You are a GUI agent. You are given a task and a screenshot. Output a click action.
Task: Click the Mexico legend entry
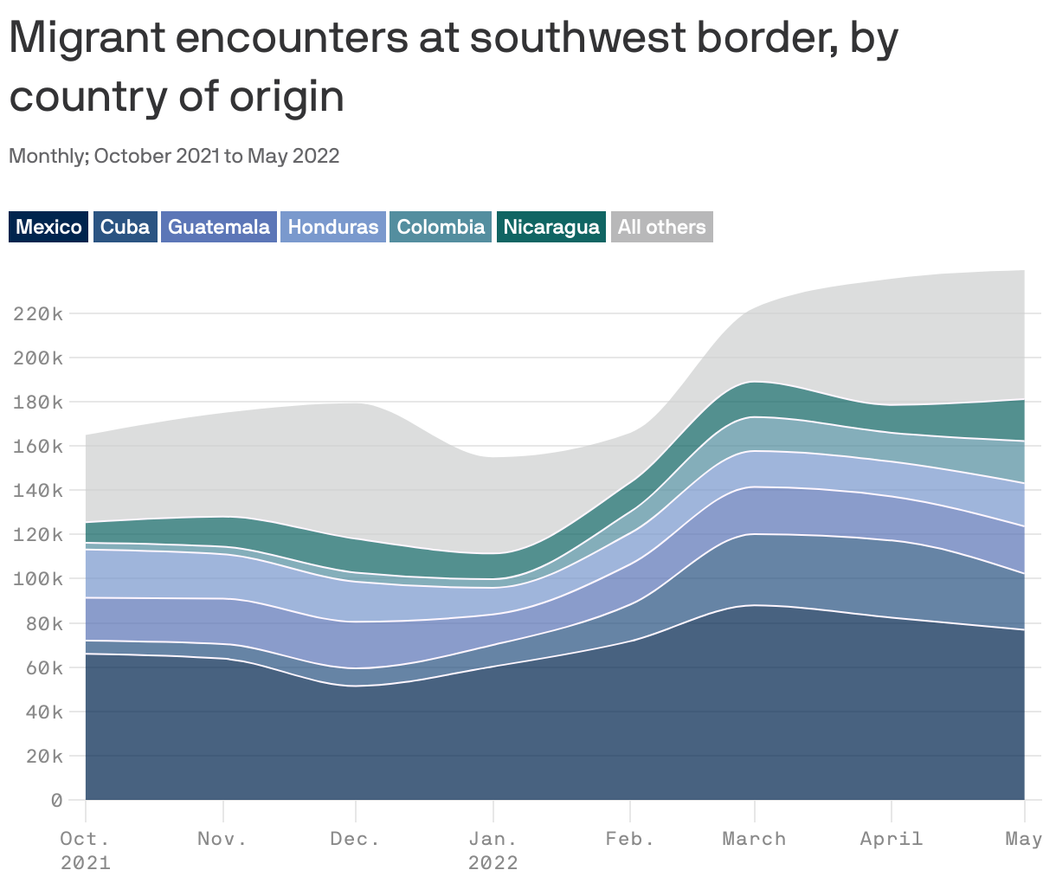tap(48, 227)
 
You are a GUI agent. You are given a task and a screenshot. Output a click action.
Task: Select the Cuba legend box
tap(125, 227)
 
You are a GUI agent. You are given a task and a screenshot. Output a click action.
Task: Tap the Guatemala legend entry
tap(218, 227)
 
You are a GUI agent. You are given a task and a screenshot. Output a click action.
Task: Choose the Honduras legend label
tap(332, 227)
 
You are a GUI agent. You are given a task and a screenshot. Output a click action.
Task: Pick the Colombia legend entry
tap(441, 227)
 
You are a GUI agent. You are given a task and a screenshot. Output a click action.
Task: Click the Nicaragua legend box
tap(551, 227)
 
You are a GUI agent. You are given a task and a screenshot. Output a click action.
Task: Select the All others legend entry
tap(661, 227)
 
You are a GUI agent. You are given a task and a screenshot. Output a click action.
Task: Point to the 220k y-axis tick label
tap(37, 313)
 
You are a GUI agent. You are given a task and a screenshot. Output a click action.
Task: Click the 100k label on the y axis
tap(37, 579)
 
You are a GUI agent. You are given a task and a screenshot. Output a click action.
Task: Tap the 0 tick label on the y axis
tap(56, 800)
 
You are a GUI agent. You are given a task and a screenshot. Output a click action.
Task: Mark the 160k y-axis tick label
tap(37, 447)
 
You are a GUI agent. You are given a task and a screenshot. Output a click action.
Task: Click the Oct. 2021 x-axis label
tap(85, 849)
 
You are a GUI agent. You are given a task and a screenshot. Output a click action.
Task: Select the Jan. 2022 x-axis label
tap(493, 849)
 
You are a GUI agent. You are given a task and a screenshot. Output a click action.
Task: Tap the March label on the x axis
tap(754, 839)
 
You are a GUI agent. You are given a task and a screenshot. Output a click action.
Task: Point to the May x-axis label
tap(1023, 839)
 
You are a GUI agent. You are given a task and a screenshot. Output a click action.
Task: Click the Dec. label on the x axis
tap(355, 839)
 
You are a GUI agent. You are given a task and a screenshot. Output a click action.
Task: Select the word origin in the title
tap(286, 96)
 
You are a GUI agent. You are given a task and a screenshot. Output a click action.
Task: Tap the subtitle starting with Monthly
tap(174, 156)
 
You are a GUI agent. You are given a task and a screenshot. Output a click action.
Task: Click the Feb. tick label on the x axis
tap(630, 839)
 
